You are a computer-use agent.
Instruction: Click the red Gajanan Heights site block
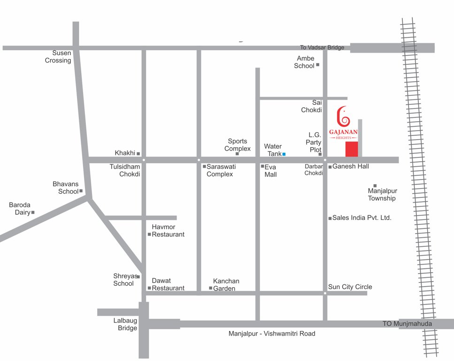[x=352, y=149]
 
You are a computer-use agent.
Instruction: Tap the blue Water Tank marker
[x=284, y=154]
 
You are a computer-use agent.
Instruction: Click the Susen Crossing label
[x=58, y=57]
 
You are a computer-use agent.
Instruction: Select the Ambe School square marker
[x=317, y=65]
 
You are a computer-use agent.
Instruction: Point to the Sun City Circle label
[x=350, y=287]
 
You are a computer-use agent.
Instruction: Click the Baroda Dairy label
[x=20, y=209]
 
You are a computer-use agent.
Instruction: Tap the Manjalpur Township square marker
[x=375, y=186]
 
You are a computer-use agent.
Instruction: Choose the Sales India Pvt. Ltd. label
[x=362, y=218]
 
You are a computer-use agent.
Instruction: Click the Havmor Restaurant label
[x=168, y=230]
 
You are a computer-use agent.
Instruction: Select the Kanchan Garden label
[x=226, y=284]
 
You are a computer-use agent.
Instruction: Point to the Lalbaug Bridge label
[x=125, y=324]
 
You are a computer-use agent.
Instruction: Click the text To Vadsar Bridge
[x=322, y=47]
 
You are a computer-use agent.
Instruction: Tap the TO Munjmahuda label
[x=407, y=323]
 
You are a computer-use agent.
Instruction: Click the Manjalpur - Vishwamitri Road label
[x=272, y=334]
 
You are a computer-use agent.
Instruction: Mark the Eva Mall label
[x=271, y=171]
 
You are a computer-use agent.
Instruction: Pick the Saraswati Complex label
[x=220, y=170]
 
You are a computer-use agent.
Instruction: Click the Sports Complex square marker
[x=237, y=154]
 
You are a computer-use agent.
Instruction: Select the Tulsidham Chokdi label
[x=125, y=170]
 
